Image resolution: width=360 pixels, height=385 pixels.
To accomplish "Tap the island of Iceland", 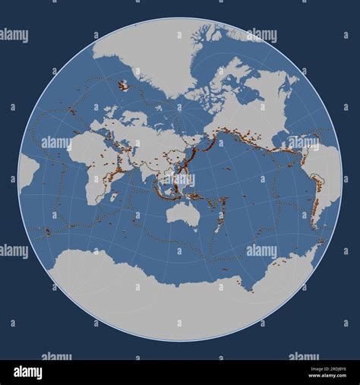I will pos(123,86).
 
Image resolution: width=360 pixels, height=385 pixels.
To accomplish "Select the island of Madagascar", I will pos(114,196).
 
